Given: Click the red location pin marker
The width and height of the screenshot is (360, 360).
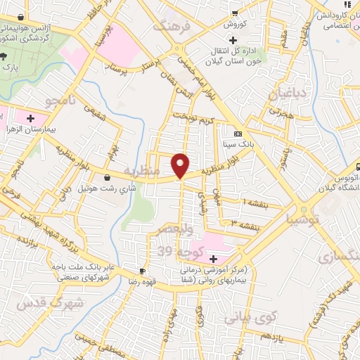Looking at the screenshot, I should tap(181, 165).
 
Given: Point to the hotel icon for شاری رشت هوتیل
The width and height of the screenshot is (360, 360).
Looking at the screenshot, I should tap(106, 178).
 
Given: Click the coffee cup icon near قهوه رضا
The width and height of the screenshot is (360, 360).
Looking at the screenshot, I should tap(143, 271).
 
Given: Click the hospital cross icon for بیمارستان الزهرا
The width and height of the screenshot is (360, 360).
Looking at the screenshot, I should tap(30, 118).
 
